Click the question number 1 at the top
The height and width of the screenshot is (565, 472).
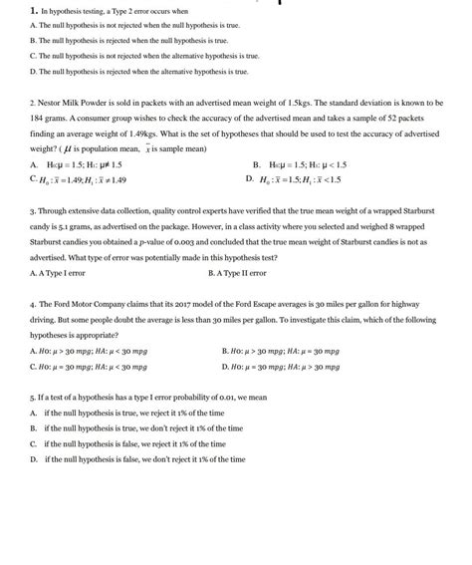33,9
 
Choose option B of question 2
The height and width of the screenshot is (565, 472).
257,163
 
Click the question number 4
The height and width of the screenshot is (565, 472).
33,307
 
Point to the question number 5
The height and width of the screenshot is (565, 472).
33,396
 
